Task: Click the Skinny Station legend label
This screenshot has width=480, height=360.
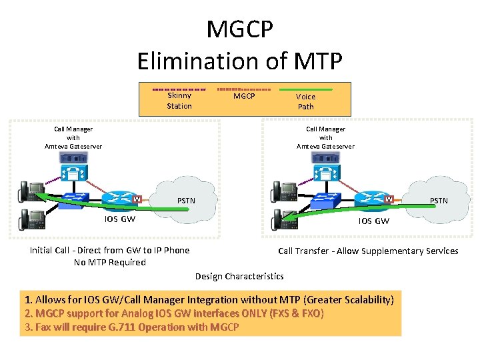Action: [x=179, y=101]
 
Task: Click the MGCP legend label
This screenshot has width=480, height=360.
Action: [x=244, y=97]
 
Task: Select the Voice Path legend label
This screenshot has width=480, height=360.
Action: [x=305, y=101]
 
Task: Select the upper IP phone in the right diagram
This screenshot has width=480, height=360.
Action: [x=282, y=191]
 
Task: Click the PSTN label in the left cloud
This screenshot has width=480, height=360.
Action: [x=186, y=200]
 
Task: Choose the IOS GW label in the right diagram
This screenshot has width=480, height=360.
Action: [x=373, y=221]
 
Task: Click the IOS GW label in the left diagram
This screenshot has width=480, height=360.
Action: [x=120, y=219]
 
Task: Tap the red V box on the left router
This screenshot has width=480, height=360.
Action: [x=136, y=199]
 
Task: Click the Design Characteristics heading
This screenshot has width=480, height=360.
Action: [x=239, y=276]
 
